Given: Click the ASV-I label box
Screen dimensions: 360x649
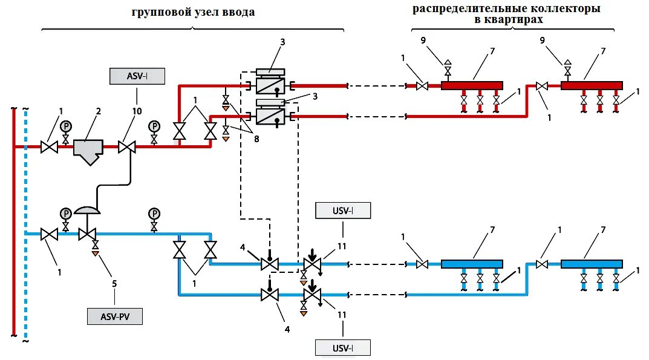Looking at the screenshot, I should [137, 76].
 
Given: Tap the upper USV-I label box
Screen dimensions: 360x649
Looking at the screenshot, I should [343, 211].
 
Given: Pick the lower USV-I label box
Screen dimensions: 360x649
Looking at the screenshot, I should [343, 347].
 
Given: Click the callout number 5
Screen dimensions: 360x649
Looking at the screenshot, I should [114, 282].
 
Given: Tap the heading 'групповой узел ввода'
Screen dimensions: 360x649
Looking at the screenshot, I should [193, 13].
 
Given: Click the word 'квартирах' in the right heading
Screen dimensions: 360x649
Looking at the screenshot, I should [516, 19].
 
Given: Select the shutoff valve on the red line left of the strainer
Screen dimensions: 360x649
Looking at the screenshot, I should [48, 147].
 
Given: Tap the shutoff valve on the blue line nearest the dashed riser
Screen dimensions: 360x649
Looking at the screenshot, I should [48, 234].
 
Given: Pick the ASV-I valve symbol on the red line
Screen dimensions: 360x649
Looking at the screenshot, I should [126, 147].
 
